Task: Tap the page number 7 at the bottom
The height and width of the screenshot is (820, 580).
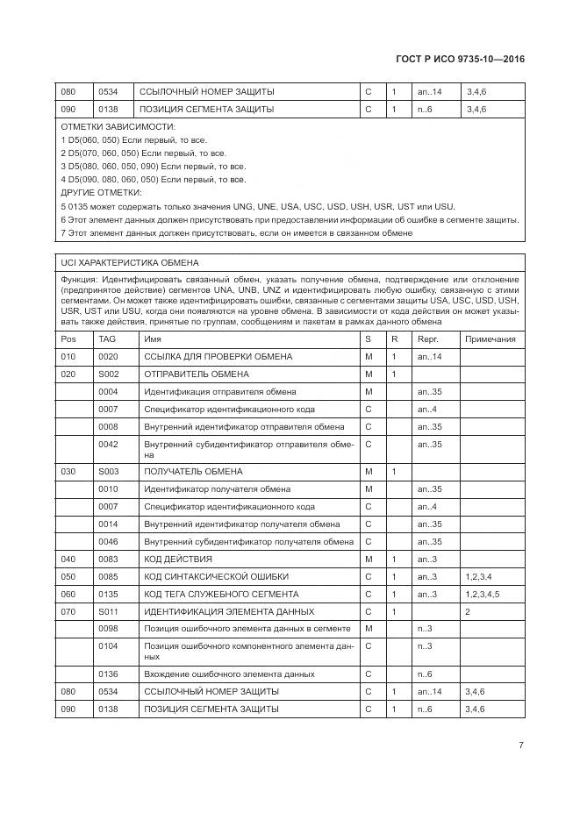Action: point(521,745)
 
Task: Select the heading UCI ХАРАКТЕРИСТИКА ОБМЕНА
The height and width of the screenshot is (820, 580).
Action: point(130,262)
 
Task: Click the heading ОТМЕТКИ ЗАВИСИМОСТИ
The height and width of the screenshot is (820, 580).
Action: point(105,127)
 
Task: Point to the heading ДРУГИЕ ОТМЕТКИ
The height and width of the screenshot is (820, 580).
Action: point(102,192)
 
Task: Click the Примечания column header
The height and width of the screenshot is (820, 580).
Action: point(490,339)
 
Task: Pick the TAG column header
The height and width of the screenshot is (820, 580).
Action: point(107,339)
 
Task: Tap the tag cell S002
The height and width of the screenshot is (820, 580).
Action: point(108,374)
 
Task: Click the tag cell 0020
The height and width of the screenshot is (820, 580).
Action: point(108,357)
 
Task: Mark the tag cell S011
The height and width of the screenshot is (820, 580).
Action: point(108,611)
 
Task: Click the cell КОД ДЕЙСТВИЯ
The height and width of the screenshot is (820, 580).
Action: point(178,559)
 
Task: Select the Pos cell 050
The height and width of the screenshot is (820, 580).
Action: point(68,576)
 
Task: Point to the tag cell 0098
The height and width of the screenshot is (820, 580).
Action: point(108,629)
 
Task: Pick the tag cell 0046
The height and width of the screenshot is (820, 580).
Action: point(108,541)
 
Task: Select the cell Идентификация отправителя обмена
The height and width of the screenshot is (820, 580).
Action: point(220,392)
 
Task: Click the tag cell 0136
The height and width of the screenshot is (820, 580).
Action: point(108,674)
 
